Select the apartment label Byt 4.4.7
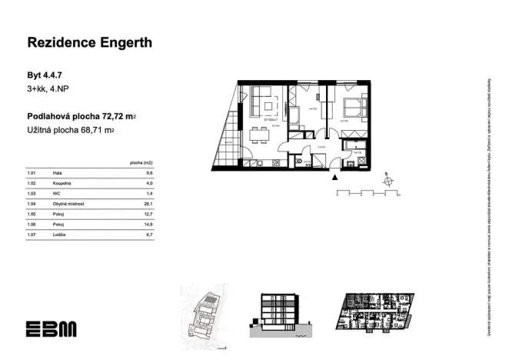(x=46, y=76)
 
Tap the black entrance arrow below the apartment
(x=334, y=176)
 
